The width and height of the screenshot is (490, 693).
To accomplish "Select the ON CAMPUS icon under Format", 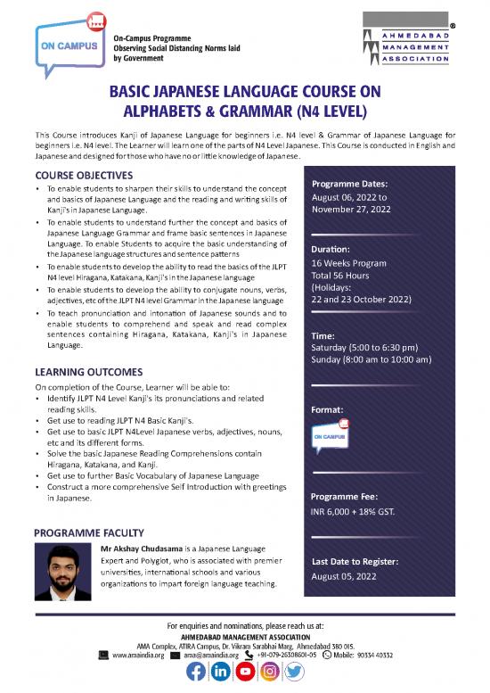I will tap(329, 438).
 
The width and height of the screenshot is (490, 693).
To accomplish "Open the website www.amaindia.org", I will tap(131, 653).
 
